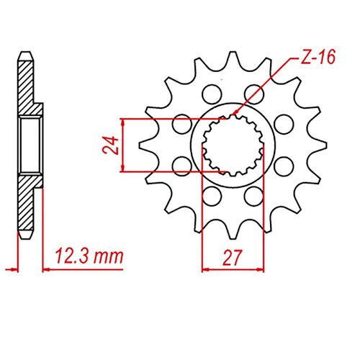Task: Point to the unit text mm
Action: pyautogui.click(x=109, y=256)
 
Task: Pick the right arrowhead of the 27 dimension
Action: pyautogui.click(x=253, y=270)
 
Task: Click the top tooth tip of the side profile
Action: pyautogui.click(x=27, y=54)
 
